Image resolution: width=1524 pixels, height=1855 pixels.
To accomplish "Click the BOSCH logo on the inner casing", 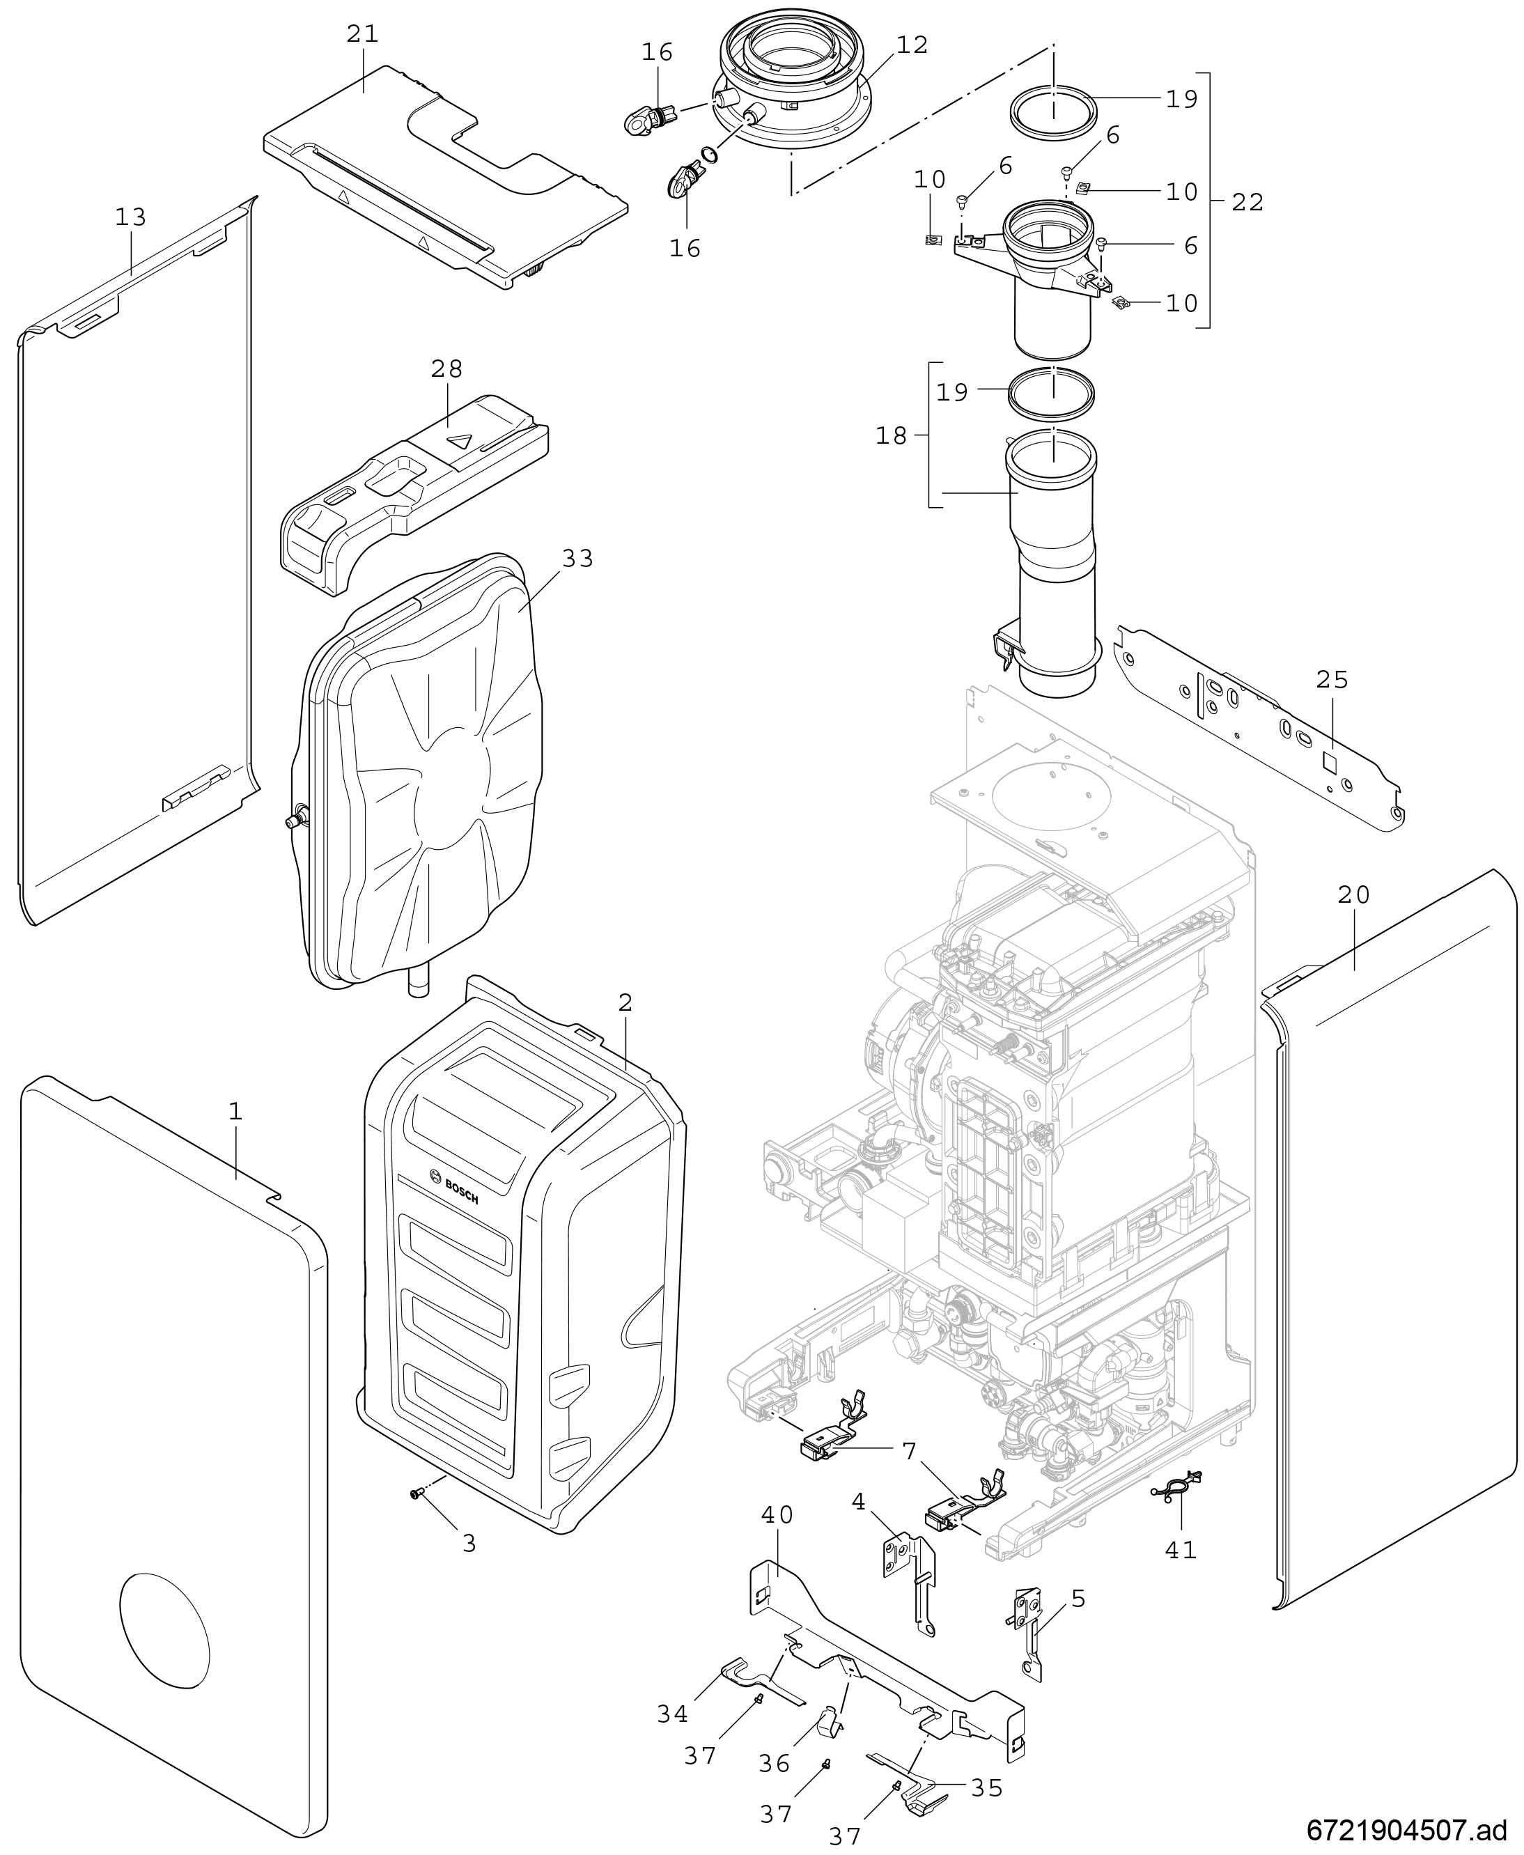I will [x=456, y=1187].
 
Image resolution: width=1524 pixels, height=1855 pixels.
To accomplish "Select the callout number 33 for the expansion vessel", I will [x=577, y=559].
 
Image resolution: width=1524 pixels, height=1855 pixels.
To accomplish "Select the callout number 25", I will [x=1332, y=678].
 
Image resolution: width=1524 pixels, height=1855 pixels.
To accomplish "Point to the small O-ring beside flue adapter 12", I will [x=708, y=156].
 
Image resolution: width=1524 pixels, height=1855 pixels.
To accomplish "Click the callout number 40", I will [x=777, y=1514].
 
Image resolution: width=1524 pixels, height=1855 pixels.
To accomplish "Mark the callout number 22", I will [x=1247, y=202].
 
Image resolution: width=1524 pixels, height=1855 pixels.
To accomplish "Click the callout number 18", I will [x=891, y=435].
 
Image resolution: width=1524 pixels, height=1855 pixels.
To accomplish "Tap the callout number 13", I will [x=131, y=217].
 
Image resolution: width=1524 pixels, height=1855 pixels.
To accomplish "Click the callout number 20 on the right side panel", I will [x=1353, y=894].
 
